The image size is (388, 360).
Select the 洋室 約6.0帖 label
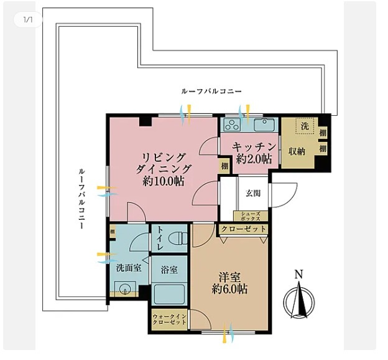point(229,282)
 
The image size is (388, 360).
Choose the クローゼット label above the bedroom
point(243,229)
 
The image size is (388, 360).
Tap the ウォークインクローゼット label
point(170,320)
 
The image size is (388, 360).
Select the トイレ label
point(160,238)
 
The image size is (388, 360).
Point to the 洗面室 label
point(128,268)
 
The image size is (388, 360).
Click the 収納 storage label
point(297,151)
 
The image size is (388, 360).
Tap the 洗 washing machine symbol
point(305,126)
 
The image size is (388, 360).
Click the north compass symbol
point(299,301)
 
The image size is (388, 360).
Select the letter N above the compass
point(299,274)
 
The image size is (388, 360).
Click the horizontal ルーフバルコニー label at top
point(211,91)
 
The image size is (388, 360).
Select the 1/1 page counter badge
point(27,20)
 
